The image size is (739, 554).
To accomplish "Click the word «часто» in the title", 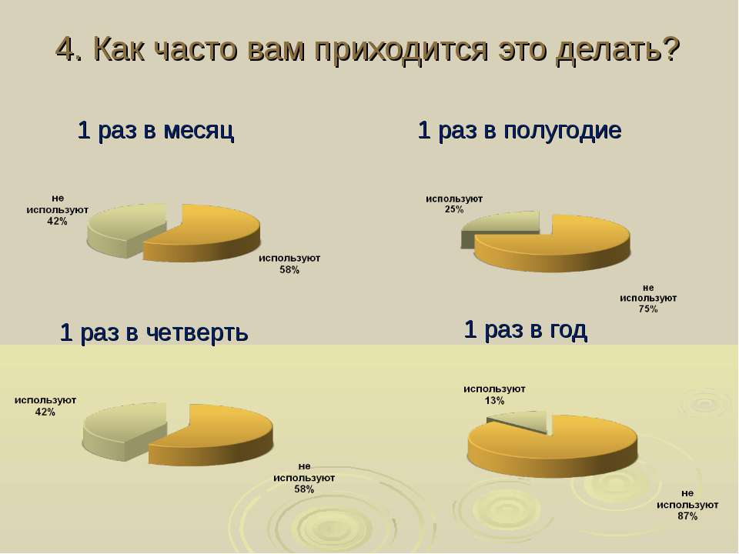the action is pyautogui.click(x=195, y=49).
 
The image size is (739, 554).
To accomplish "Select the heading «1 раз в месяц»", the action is pyautogui.click(x=155, y=130).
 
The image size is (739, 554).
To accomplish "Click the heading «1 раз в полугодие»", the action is pyautogui.click(x=520, y=130).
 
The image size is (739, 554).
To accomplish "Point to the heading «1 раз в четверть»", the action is pyautogui.click(x=154, y=332).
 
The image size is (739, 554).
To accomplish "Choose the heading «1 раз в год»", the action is pyautogui.click(x=526, y=329).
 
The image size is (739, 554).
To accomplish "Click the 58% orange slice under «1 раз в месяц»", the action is pyautogui.click(x=207, y=233).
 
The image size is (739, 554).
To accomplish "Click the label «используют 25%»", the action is pyautogui.click(x=454, y=204).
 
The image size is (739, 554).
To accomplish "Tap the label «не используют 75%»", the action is pyautogui.click(x=648, y=299).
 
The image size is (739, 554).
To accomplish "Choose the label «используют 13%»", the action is pyautogui.click(x=494, y=395).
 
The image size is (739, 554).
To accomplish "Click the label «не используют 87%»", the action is pyautogui.click(x=687, y=505).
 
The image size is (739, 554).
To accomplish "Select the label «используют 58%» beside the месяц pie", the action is pyautogui.click(x=289, y=264).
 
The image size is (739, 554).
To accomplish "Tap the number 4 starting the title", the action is pyautogui.click(x=64, y=48).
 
